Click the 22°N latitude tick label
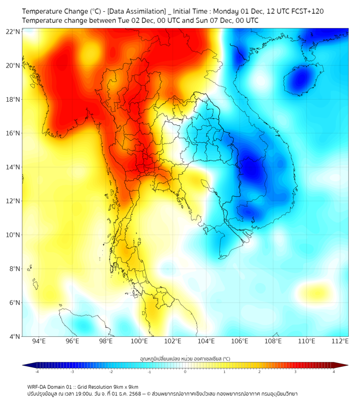click(13, 31)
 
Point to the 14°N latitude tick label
click(13, 167)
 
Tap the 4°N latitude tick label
click(15, 336)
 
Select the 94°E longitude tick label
click(39, 341)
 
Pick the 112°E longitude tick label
click(340, 341)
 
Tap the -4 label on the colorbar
click(36, 372)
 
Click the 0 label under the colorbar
click(185, 372)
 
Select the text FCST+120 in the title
click(306, 11)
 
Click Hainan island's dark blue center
click(302, 80)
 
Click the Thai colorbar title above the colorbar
click(185, 358)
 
